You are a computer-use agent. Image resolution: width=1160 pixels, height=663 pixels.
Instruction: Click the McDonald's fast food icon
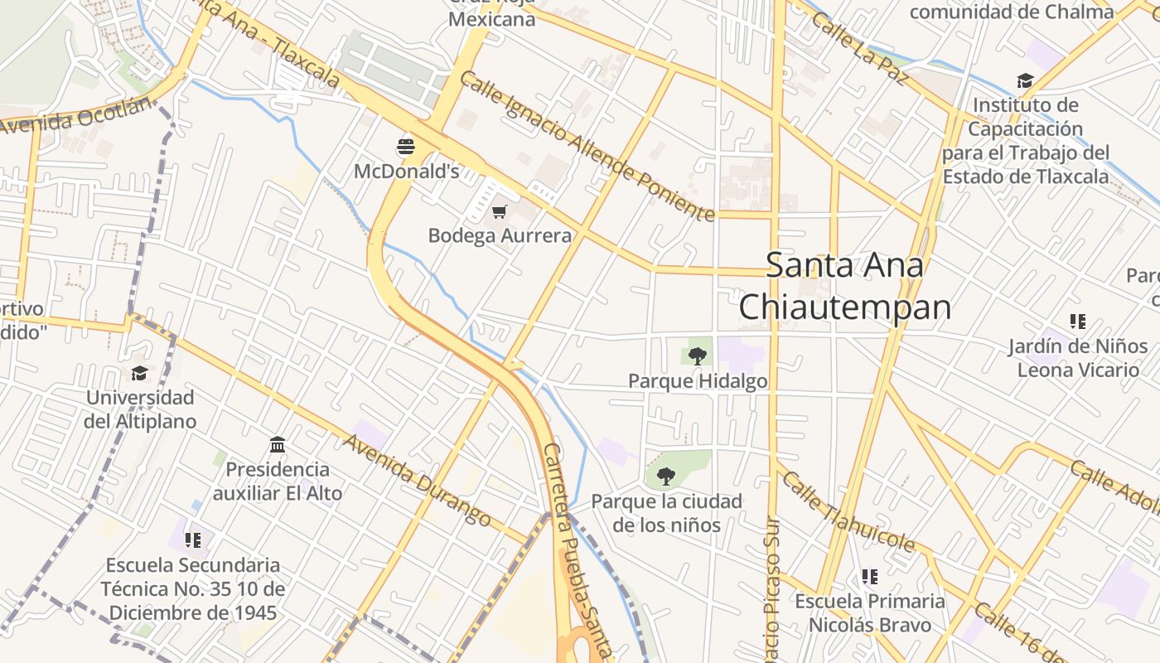(x=406, y=148)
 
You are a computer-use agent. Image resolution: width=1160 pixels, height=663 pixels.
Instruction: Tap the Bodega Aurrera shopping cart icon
(x=499, y=212)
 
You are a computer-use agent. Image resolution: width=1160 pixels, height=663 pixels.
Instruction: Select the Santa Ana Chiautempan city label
(x=844, y=286)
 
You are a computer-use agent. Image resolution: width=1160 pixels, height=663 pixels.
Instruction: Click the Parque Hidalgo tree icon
(x=698, y=356)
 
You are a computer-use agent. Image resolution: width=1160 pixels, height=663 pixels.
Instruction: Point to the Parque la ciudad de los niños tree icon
(x=665, y=477)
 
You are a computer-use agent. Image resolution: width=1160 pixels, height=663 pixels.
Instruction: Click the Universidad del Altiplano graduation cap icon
(x=139, y=374)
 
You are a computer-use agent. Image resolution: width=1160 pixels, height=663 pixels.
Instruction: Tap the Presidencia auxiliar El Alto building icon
(x=278, y=445)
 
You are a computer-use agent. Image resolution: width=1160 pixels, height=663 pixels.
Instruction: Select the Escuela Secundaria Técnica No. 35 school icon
(x=193, y=540)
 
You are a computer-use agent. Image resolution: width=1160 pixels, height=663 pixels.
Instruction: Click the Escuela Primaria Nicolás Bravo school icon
(x=869, y=576)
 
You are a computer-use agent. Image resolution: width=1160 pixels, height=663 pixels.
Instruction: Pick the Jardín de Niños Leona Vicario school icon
(x=1077, y=321)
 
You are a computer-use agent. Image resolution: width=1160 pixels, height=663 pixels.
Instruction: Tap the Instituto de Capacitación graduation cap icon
(x=1025, y=81)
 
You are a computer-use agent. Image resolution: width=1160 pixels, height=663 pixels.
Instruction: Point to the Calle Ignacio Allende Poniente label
(x=587, y=146)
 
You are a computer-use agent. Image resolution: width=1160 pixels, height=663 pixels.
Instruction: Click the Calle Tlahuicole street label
(x=849, y=512)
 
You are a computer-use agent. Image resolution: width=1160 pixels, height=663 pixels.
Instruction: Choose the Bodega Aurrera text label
(x=500, y=235)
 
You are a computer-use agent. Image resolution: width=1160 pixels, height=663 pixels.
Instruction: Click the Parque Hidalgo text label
(x=698, y=381)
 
